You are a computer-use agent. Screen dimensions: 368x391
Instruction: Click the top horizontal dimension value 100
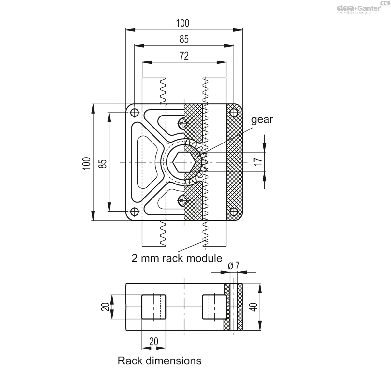tap(183, 23)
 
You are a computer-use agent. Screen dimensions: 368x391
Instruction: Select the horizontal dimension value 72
tap(184, 56)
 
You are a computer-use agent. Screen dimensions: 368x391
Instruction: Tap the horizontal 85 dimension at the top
tap(184, 39)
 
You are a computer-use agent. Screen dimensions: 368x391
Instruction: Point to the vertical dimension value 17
tap(258, 161)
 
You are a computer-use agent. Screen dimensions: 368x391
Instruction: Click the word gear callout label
tap(262, 119)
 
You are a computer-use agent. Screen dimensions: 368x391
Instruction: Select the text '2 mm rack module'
tap(177, 258)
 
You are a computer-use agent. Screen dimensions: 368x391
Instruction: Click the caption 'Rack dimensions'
tap(159, 361)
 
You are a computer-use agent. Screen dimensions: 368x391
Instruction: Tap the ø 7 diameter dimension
tap(234, 266)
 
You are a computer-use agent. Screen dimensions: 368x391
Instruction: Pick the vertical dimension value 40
tap(254, 307)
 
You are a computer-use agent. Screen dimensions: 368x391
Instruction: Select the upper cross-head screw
tap(183, 123)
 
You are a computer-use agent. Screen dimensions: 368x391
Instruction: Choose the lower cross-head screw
tap(183, 200)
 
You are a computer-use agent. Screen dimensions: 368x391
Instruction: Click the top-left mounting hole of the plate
tap(134, 113)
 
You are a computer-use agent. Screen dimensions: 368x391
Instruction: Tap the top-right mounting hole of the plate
tap(233, 113)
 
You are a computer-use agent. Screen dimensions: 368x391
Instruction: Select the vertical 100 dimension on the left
tap(86, 162)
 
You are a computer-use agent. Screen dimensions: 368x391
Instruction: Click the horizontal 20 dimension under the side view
tap(153, 341)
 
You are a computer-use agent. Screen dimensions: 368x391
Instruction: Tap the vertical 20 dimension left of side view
tap(105, 307)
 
